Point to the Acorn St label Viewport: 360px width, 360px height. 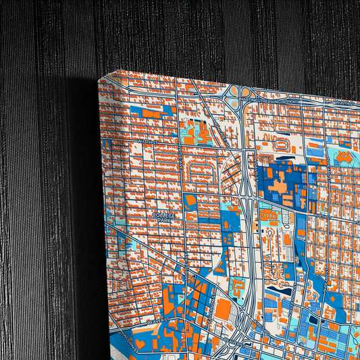(x=128, y=340)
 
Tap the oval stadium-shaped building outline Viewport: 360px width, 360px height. (x=280, y=145)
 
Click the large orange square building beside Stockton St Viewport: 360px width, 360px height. (x=224, y=309)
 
